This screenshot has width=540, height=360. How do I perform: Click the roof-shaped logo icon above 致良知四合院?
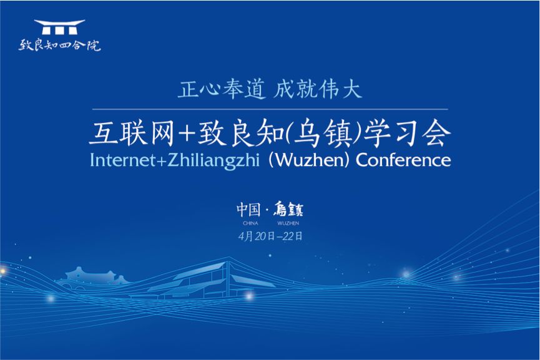pos(59,27)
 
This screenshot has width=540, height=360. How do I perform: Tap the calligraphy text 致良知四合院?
pos(59,45)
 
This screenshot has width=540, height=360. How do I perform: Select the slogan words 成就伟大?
pos(318,89)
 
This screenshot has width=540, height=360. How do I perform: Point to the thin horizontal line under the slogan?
pos(270,109)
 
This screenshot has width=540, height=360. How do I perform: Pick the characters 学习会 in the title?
pos(407,134)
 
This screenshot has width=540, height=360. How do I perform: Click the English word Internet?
pos(122,160)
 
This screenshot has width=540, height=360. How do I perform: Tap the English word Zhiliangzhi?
pos(213,161)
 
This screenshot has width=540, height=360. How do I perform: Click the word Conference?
pos(403,160)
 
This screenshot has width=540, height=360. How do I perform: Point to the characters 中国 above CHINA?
pos(248,209)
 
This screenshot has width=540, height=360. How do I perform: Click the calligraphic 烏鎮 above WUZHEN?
pos(288,209)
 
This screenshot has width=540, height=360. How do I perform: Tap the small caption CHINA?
pos(250,223)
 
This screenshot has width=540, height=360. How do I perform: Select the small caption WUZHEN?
pos(288,223)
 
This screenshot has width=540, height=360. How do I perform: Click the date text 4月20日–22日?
pos(270,236)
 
